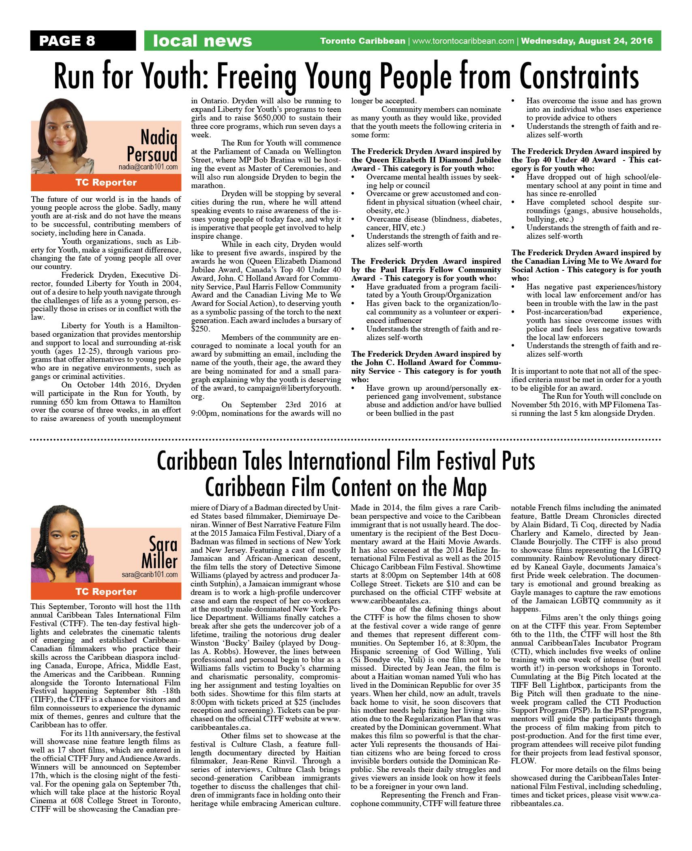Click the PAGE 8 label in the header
pos(67,41)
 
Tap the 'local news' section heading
pos(202,41)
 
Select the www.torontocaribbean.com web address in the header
pos(463,41)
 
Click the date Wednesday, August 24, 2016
pos(587,41)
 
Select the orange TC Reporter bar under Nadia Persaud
pos(106,182)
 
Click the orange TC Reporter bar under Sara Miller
pos(106,592)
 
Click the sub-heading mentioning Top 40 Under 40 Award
pos(586,160)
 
